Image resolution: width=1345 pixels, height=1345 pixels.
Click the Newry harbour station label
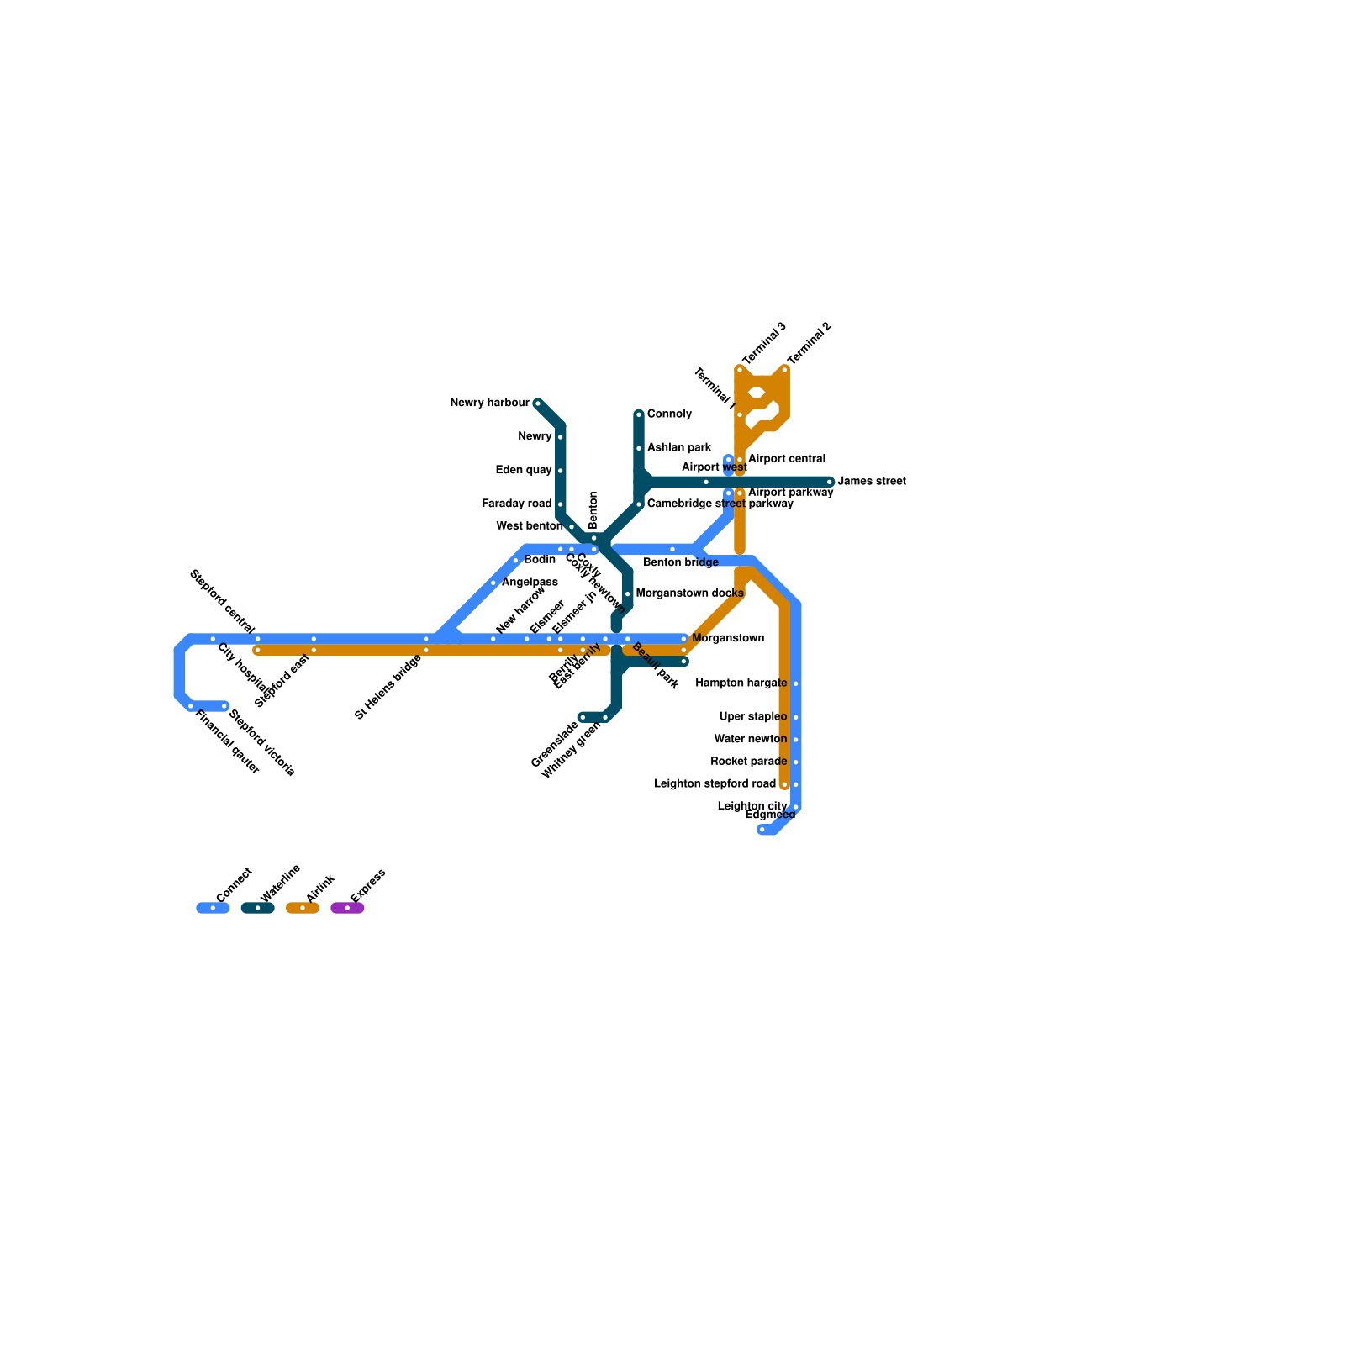489,403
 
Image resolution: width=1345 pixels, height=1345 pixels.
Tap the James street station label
872,482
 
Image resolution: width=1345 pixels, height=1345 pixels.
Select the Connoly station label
669,414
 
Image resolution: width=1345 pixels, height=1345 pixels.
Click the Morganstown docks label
689,593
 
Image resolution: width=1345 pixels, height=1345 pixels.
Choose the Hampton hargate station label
741,683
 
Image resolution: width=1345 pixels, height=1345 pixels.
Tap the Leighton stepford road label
715,784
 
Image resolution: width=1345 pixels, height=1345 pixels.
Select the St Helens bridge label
388,687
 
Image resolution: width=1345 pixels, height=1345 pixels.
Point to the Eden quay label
524,471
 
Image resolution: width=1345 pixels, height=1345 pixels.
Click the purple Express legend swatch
347,908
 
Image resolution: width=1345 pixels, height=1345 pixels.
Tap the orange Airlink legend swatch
303,908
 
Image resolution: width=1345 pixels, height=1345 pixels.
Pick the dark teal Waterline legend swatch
257,908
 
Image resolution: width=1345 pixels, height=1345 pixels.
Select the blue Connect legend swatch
213,908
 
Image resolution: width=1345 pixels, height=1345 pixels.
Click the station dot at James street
830,482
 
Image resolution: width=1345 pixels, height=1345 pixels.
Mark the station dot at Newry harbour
538,403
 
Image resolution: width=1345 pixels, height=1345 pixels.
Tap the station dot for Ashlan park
639,448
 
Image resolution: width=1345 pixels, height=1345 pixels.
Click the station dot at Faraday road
561,504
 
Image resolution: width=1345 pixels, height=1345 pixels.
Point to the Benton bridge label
680,562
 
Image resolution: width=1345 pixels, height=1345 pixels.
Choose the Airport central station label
786,459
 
